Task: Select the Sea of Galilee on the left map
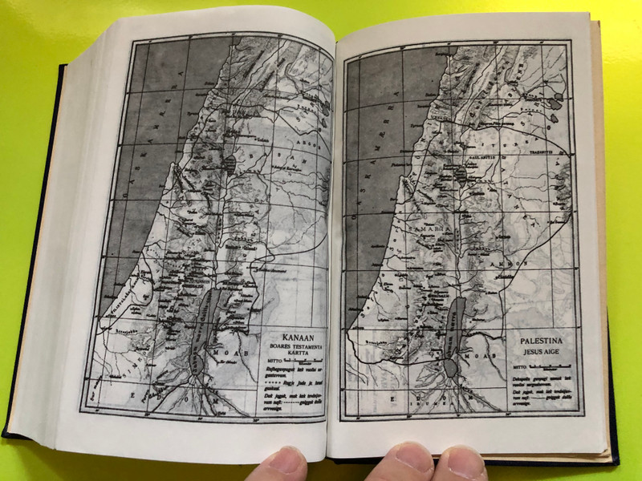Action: [230, 165]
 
